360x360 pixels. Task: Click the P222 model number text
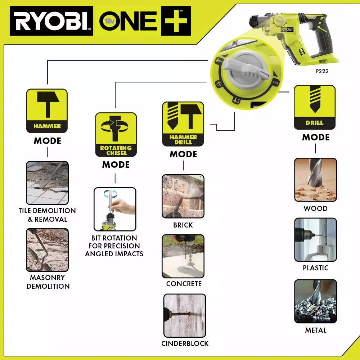tap(322, 71)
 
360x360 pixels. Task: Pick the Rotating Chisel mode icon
tap(116, 134)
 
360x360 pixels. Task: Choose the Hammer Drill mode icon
tap(183, 123)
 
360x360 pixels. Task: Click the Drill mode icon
tap(315, 107)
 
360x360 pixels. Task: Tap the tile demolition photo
tap(47, 183)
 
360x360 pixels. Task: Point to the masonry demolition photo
tap(47, 250)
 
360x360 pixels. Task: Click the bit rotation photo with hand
tap(115, 209)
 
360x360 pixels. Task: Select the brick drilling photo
tap(183, 196)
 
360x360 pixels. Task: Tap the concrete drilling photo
tap(183, 256)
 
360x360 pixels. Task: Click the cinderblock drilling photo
tap(185, 315)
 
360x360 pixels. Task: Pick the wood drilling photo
tap(315, 180)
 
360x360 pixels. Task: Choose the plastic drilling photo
tap(315, 240)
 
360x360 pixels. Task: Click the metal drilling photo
tap(315, 301)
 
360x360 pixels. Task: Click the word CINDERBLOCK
tap(185, 343)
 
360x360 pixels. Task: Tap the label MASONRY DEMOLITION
tap(48, 282)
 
